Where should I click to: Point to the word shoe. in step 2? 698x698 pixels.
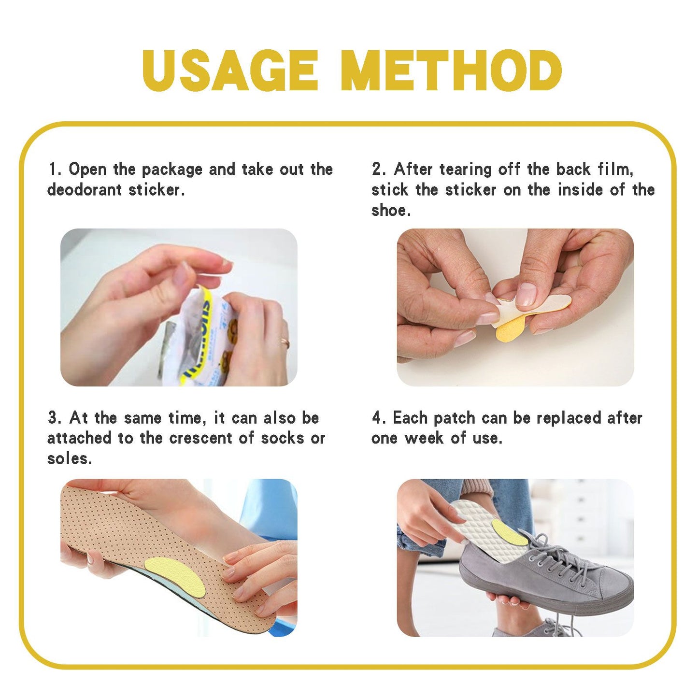coord(391,211)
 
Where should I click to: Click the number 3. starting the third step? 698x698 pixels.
coord(54,418)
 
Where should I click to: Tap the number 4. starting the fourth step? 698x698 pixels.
coord(378,418)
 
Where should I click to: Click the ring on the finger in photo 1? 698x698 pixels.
coord(285,342)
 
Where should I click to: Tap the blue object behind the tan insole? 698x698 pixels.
coord(271,507)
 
